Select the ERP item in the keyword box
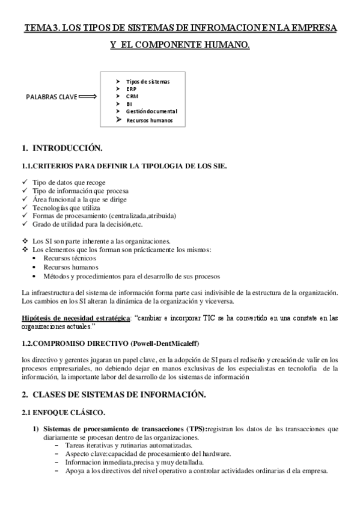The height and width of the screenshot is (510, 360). tap(131, 89)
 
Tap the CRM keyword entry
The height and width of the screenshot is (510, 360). tap(132, 96)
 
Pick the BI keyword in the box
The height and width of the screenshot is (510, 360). tap(129, 104)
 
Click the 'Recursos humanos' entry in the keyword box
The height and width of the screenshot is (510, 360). tap(149, 120)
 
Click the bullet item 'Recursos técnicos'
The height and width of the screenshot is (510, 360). tap(69, 258)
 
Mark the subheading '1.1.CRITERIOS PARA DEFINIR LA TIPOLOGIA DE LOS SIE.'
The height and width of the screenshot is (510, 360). tap(124, 165)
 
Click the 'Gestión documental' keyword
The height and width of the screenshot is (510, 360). tap(151, 112)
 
